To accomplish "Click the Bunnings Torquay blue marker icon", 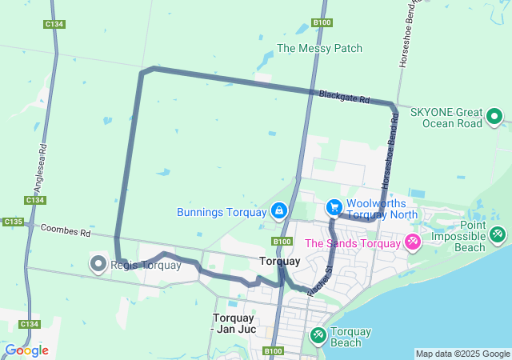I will [x=279, y=211].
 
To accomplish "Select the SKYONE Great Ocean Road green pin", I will [x=494, y=118].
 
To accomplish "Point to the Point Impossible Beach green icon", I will [x=498, y=234].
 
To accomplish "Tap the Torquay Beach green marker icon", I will [x=318, y=334].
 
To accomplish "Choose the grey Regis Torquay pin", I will [x=98, y=263].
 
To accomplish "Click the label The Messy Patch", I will [x=319, y=48].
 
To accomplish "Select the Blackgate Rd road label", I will [x=344, y=97].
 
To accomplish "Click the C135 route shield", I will [x=13, y=222].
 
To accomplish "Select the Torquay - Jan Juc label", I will [x=234, y=322].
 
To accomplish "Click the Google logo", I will [x=26, y=350].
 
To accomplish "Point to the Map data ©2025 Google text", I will [x=462, y=354].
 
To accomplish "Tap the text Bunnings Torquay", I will [x=221, y=212].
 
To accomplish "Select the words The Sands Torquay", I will [x=353, y=243].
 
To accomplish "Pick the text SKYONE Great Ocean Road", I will [x=446, y=118].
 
